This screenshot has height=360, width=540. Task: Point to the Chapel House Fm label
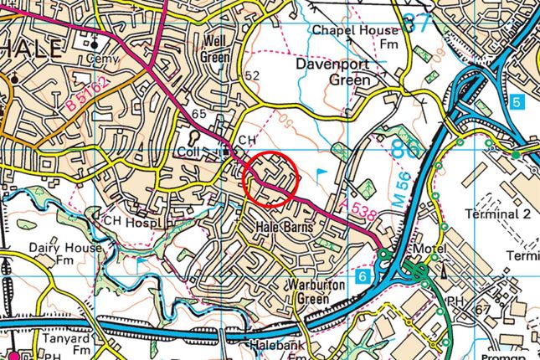click(354, 37)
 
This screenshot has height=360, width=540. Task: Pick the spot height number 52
click(251, 76)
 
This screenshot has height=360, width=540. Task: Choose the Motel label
click(424, 250)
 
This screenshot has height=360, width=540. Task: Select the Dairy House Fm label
click(64, 255)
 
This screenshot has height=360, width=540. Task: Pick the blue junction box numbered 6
click(362, 276)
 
